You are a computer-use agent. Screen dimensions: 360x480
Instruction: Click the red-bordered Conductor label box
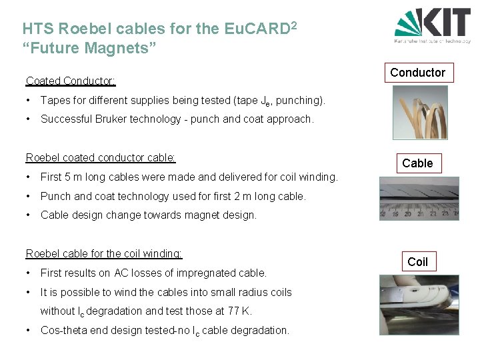coord(417,72)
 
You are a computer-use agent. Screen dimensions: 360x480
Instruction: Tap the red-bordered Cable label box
coord(417,163)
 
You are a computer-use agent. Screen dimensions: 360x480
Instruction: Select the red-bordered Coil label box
coord(417,261)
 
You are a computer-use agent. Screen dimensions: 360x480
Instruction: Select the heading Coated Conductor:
coord(71,81)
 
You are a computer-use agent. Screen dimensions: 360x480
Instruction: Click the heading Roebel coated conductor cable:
coord(101,157)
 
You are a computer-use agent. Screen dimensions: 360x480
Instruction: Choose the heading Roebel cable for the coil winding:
coord(103,253)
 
